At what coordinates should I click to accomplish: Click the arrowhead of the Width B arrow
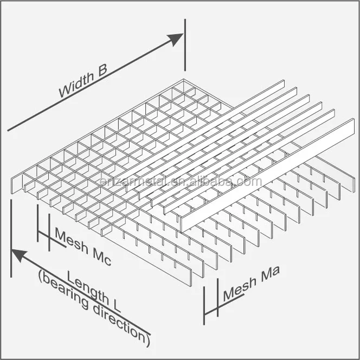[x=176, y=38]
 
